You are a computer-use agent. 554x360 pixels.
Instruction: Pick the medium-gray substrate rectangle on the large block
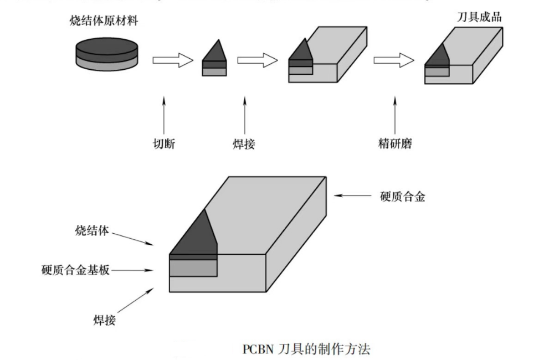(x=192, y=268)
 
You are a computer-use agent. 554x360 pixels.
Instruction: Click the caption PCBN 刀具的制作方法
(x=306, y=349)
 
